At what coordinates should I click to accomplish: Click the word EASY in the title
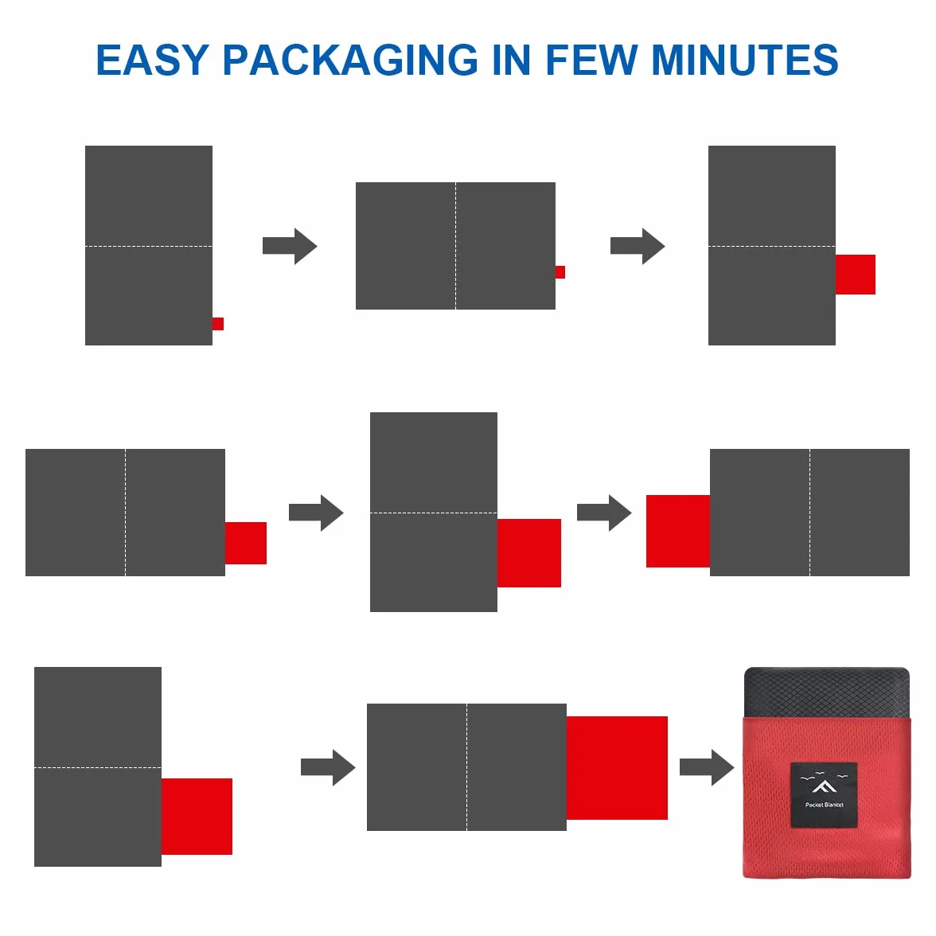pos(152,60)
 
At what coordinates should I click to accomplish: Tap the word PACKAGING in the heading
pos(350,60)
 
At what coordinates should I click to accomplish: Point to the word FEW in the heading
pos(591,60)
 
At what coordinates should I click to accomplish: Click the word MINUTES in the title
pos(745,60)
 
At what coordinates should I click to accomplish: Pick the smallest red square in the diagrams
pos(560,272)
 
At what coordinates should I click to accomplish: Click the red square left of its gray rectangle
pos(678,531)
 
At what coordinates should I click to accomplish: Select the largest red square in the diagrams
pos(617,767)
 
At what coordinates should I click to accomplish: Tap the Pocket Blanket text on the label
pos(825,805)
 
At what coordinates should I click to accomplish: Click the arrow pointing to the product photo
pos(707,767)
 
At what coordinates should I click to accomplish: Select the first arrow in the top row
pos(290,246)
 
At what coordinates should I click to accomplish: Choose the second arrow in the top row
pos(638,246)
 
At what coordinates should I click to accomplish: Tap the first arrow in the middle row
pos(316,513)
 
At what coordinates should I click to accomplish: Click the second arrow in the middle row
pos(604,513)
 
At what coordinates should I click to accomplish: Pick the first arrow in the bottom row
pos(328,767)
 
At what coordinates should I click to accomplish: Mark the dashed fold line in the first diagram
pos(149,246)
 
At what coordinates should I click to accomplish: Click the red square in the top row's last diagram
pos(856,275)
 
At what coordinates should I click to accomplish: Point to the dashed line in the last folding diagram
pos(466,767)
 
